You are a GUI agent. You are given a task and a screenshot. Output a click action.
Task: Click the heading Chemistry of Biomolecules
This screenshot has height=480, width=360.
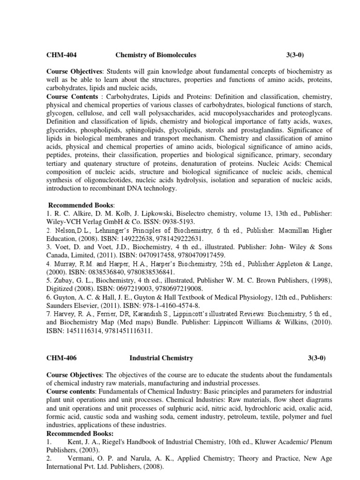click(156, 55)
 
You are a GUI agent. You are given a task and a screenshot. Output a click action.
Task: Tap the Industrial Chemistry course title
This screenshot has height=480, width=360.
click(161, 358)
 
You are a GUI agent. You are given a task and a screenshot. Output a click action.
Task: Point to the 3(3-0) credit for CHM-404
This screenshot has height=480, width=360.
click(295, 55)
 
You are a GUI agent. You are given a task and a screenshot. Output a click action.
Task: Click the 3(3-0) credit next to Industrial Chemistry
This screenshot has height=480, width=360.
click(316, 358)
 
